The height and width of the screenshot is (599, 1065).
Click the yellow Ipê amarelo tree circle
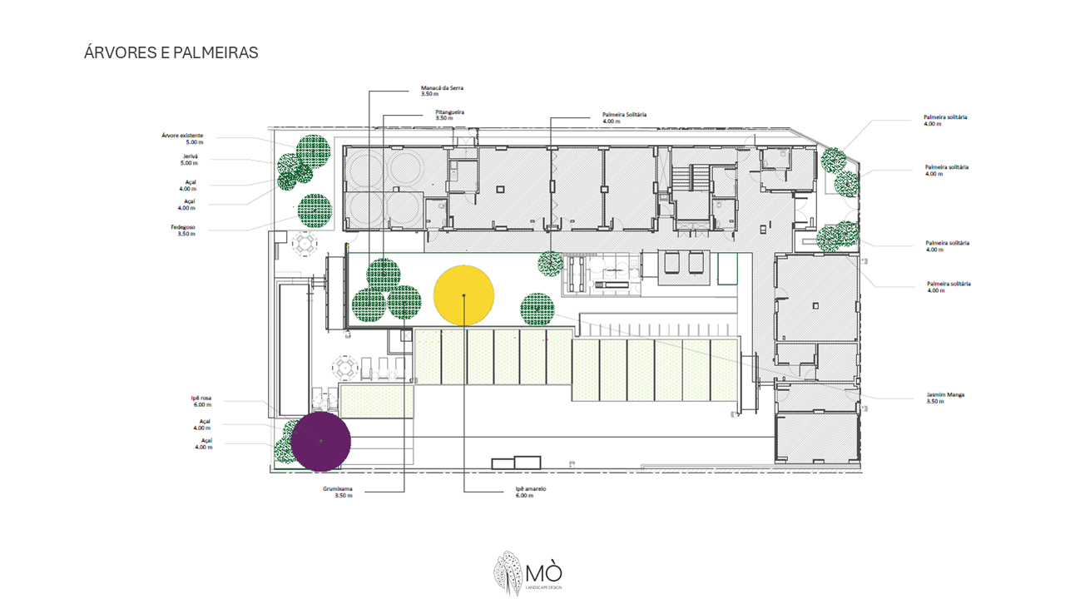(x=464, y=295)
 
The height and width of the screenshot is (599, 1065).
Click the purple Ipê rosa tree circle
(x=320, y=440)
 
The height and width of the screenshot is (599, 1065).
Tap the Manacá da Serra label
(x=436, y=92)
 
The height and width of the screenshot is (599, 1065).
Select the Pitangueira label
(x=449, y=114)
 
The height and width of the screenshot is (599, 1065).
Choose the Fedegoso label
(x=186, y=230)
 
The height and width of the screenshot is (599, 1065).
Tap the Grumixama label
(x=338, y=492)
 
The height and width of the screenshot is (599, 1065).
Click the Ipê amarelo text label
(x=530, y=492)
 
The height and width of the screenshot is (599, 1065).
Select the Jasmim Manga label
(x=947, y=397)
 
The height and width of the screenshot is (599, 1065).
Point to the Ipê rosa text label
(x=201, y=401)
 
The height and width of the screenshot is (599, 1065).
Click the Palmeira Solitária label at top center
(x=624, y=117)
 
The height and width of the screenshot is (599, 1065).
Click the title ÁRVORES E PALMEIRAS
(x=171, y=52)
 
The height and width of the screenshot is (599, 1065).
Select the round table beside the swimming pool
(x=305, y=244)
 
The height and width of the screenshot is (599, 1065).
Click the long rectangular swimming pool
(x=295, y=348)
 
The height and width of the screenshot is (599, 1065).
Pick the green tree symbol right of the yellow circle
(x=537, y=309)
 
